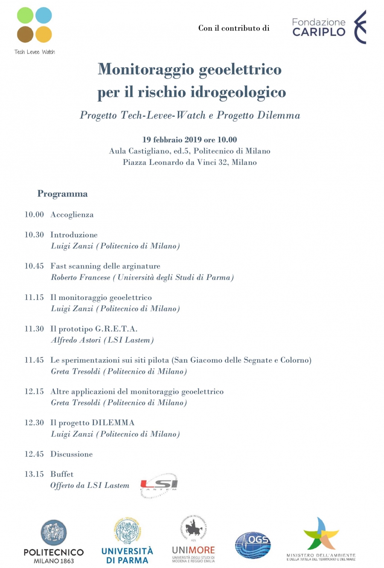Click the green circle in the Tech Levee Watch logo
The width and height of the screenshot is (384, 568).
point(25,16)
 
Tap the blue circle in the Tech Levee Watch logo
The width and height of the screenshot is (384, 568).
point(44,16)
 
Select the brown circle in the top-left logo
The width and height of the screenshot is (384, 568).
point(25,35)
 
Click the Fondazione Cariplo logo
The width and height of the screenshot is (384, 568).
point(329,27)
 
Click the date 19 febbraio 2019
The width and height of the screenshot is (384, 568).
point(172,140)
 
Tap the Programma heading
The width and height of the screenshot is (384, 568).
point(62,194)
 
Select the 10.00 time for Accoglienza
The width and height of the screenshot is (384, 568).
point(34,215)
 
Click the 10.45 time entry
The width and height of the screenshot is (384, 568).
point(34,266)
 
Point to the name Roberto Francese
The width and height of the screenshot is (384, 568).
point(81,277)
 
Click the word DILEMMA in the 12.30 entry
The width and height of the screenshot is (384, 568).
point(113,423)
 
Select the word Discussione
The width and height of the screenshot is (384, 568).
point(71,454)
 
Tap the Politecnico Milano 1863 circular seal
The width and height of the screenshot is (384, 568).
point(54,533)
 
